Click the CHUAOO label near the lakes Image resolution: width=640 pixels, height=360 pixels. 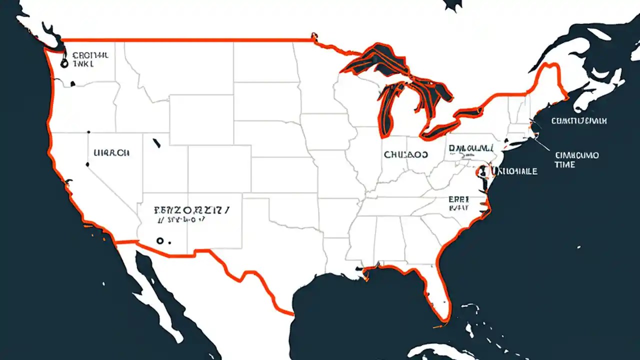pos(406,155)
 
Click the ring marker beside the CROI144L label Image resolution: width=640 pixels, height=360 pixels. pos(63,63)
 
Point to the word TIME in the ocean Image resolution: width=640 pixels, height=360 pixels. pos(565,164)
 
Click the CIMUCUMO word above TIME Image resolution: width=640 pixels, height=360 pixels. pos(577,155)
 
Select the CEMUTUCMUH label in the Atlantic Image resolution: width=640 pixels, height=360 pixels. pos(579,121)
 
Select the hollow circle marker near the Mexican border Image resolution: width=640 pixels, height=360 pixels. pos(159,240)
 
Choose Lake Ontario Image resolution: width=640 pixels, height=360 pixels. pos(475,108)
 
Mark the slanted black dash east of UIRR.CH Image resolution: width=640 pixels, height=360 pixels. pos(156,143)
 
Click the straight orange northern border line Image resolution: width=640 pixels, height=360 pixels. pos(185,39)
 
